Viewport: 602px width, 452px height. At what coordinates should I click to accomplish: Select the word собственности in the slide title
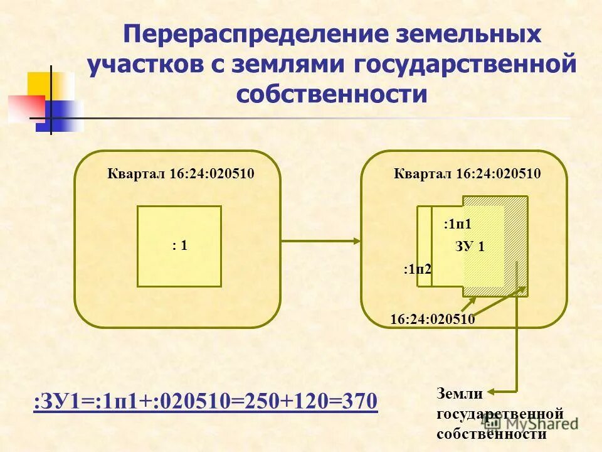pyautogui.click(x=331, y=94)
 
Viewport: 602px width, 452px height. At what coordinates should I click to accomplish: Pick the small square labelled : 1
pyautogui.click(x=179, y=246)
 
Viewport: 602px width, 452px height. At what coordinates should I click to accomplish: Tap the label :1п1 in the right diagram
pyautogui.click(x=457, y=223)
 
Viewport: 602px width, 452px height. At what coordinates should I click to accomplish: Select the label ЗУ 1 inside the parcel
pyautogui.click(x=470, y=247)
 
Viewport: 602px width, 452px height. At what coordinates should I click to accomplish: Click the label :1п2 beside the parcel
pyautogui.click(x=417, y=270)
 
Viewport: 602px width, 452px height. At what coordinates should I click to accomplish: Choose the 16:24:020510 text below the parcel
pyautogui.click(x=432, y=320)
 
